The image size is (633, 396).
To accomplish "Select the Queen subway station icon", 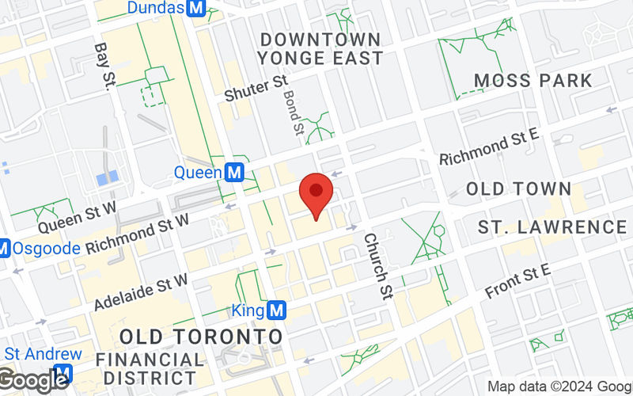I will (x=233, y=171).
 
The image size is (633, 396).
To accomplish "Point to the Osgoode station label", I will (x=46, y=248).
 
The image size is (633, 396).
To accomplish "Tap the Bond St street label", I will (x=293, y=112).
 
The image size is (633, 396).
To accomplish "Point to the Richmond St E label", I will (x=490, y=143).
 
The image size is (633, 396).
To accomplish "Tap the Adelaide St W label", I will (x=141, y=291).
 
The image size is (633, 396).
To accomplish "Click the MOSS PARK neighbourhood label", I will (x=533, y=80).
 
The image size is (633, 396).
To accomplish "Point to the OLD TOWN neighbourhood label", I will (x=518, y=188).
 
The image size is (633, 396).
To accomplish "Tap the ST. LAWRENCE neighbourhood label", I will (x=552, y=227).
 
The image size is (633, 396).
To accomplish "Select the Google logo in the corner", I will (x=33, y=380).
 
